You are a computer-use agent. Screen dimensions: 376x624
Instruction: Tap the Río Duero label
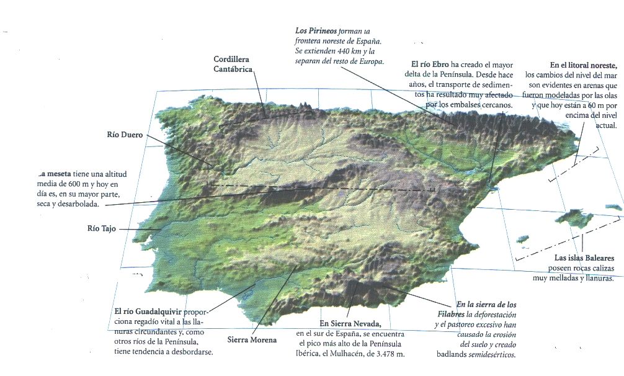pos(125,135)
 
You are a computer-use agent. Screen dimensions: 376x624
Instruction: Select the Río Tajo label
pos(102,228)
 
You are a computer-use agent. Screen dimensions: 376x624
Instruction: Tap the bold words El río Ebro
pos(429,65)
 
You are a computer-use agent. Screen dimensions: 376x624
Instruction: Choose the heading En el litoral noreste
pos(583,65)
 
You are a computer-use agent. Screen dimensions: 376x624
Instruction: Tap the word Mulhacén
pos(345,354)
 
